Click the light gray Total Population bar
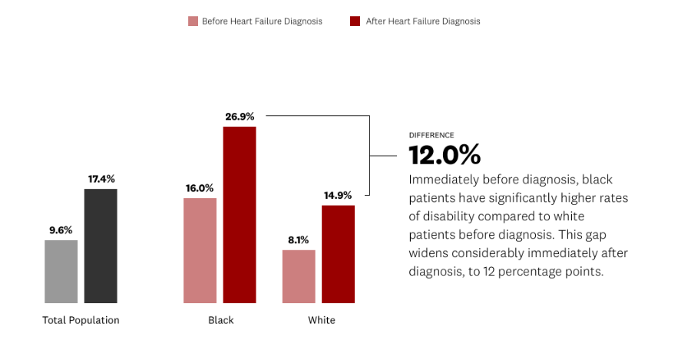[x=61, y=272]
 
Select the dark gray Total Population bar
[x=101, y=246]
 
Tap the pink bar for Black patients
[x=200, y=250]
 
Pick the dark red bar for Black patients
[x=240, y=214]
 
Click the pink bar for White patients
[x=299, y=276]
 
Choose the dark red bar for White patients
[x=338, y=254]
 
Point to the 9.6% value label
[x=61, y=230]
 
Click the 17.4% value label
[x=101, y=179]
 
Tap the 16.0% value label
[x=200, y=188]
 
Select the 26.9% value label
[x=240, y=117]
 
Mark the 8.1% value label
[x=299, y=239]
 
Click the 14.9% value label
[x=338, y=195]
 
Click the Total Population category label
[x=81, y=320]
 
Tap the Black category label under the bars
[x=220, y=320]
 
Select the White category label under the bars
[x=321, y=320]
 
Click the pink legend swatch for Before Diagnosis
[x=193, y=21]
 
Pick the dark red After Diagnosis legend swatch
[x=355, y=21]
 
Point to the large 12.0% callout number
[x=445, y=155]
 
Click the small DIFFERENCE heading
[x=431, y=135]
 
